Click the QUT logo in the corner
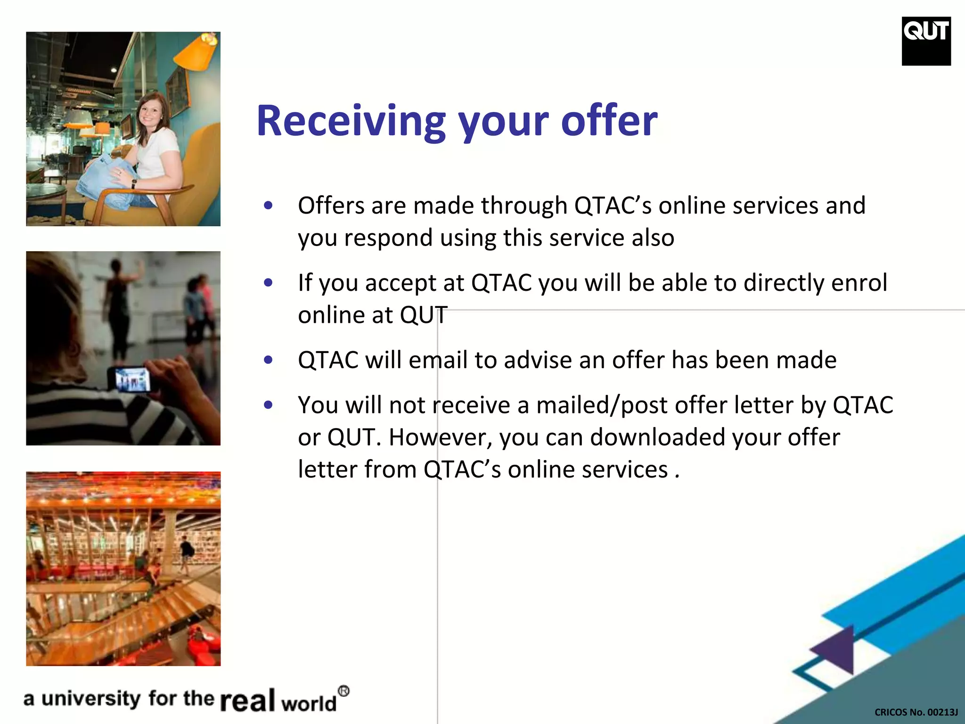(926, 41)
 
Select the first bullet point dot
(269, 206)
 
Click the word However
(440, 437)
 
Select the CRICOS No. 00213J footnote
(916, 712)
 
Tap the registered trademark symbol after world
(344, 691)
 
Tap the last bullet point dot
(269, 405)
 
